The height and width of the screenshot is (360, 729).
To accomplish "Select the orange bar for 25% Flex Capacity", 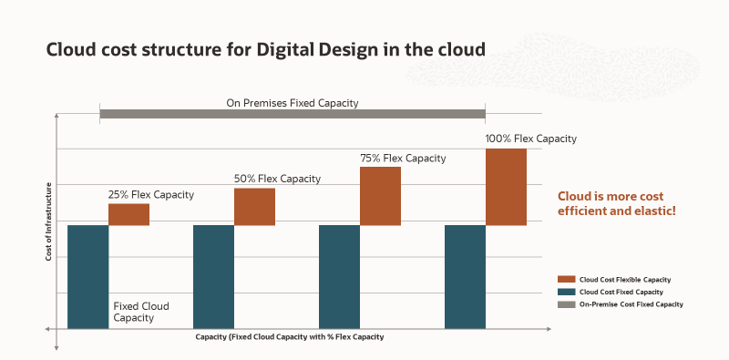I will click(128, 214).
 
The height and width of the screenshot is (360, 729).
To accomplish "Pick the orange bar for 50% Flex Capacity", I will click(254, 206).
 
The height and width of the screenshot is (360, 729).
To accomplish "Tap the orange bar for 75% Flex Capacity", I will click(380, 195).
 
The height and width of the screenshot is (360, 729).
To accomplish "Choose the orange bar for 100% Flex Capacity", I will click(506, 186).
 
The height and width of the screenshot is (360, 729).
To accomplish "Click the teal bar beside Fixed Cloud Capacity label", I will click(87, 276).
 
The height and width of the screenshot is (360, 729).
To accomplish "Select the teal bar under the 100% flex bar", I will click(465, 276).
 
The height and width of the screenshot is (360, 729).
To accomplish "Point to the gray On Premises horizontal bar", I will click(293, 114).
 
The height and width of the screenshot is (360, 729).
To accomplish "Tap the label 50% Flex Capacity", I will click(277, 179).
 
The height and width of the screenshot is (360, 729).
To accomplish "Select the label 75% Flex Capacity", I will click(403, 158).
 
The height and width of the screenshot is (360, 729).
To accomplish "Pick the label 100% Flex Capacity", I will click(531, 139).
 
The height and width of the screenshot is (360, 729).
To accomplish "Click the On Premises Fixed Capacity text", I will click(293, 103).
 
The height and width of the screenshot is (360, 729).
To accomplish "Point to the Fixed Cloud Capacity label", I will click(141, 312).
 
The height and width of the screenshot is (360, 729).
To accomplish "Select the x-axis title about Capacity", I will click(289, 337).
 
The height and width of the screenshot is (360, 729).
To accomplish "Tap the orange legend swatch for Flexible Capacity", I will click(565, 279).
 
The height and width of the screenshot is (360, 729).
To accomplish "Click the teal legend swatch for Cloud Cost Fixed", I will click(565, 292).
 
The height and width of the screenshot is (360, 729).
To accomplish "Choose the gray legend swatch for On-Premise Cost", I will click(565, 304).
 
